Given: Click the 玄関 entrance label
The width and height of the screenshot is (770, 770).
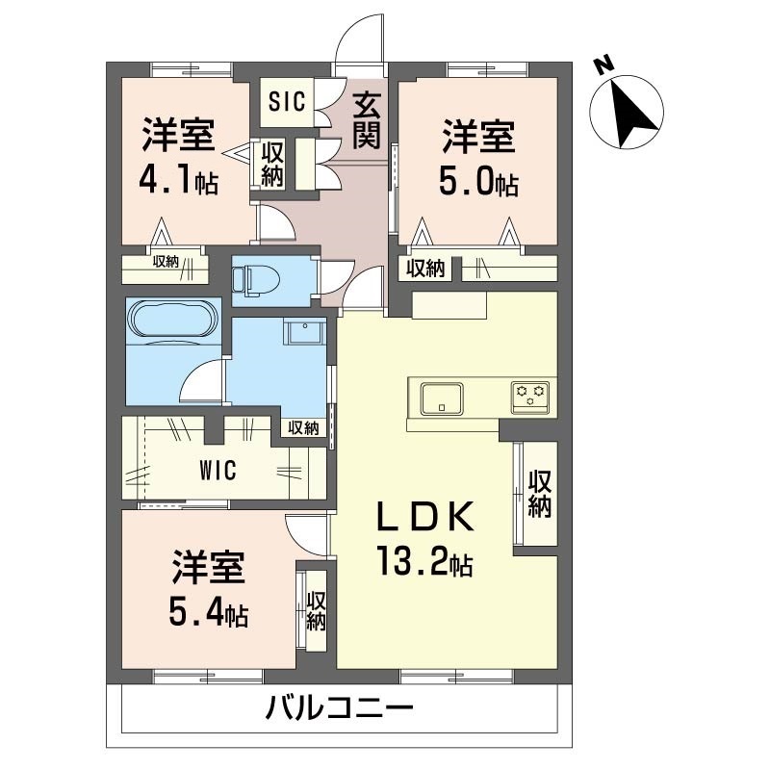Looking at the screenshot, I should point(364,119).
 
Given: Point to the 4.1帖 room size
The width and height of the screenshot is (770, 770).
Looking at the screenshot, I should point(179,180).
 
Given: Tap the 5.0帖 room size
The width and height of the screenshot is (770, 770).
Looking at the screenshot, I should point(479,180).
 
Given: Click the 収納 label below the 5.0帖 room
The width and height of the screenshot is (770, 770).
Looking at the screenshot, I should point(424,269).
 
